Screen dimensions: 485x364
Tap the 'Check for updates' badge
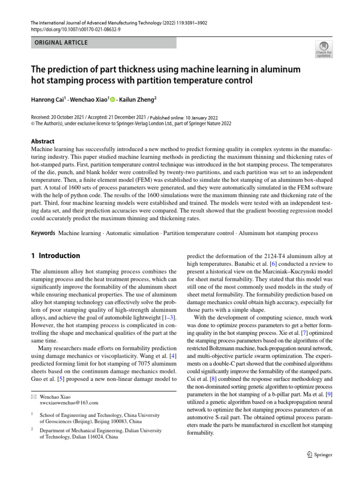(324, 49)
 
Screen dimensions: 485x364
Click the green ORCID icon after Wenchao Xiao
(113, 99)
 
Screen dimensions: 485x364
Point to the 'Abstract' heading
(43, 141)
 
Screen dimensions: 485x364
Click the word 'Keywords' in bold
(43, 233)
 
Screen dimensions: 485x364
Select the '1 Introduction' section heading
(55, 256)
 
